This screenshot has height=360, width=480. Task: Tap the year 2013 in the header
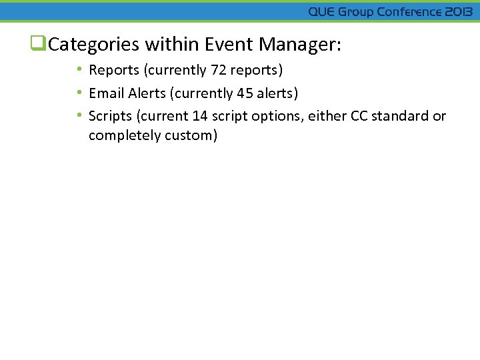[458, 12]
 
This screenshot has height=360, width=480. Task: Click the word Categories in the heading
[94, 45]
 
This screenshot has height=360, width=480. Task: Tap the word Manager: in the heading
[300, 45]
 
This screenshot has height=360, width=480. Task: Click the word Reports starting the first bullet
[111, 70]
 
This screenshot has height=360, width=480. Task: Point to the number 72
[219, 70]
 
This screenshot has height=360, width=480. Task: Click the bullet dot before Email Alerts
[79, 93]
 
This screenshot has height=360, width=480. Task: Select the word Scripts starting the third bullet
[110, 116]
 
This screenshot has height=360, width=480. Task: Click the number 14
[200, 116]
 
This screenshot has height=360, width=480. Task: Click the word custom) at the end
[193, 136]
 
